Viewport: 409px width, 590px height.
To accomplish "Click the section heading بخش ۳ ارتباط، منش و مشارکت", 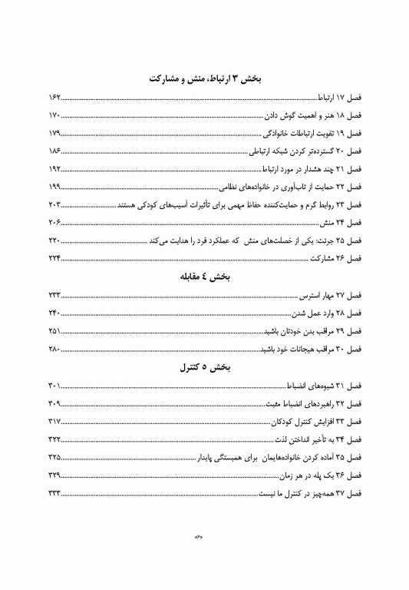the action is point(205,79).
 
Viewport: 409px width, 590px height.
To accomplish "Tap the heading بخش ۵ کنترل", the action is point(205,368).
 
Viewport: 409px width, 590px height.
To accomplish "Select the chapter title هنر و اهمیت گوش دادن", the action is point(295,117).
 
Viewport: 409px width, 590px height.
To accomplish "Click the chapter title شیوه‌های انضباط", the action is point(310,386).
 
